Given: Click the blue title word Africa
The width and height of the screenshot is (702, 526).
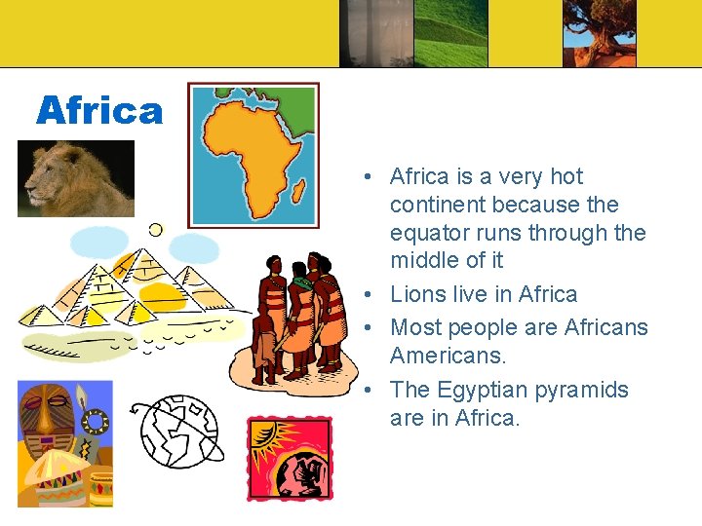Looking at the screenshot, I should (x=99, y=111).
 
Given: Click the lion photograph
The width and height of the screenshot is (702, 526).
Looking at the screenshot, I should (x=75, y=178).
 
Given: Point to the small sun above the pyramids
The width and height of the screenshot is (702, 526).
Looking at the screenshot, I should (x=155, y=230).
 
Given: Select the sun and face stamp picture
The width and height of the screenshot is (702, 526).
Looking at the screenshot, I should (x=289, y=458).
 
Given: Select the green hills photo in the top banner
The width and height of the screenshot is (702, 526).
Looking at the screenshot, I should (x=450, y=33).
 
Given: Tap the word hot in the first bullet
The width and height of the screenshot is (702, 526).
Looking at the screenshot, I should (x=566, y=176).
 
